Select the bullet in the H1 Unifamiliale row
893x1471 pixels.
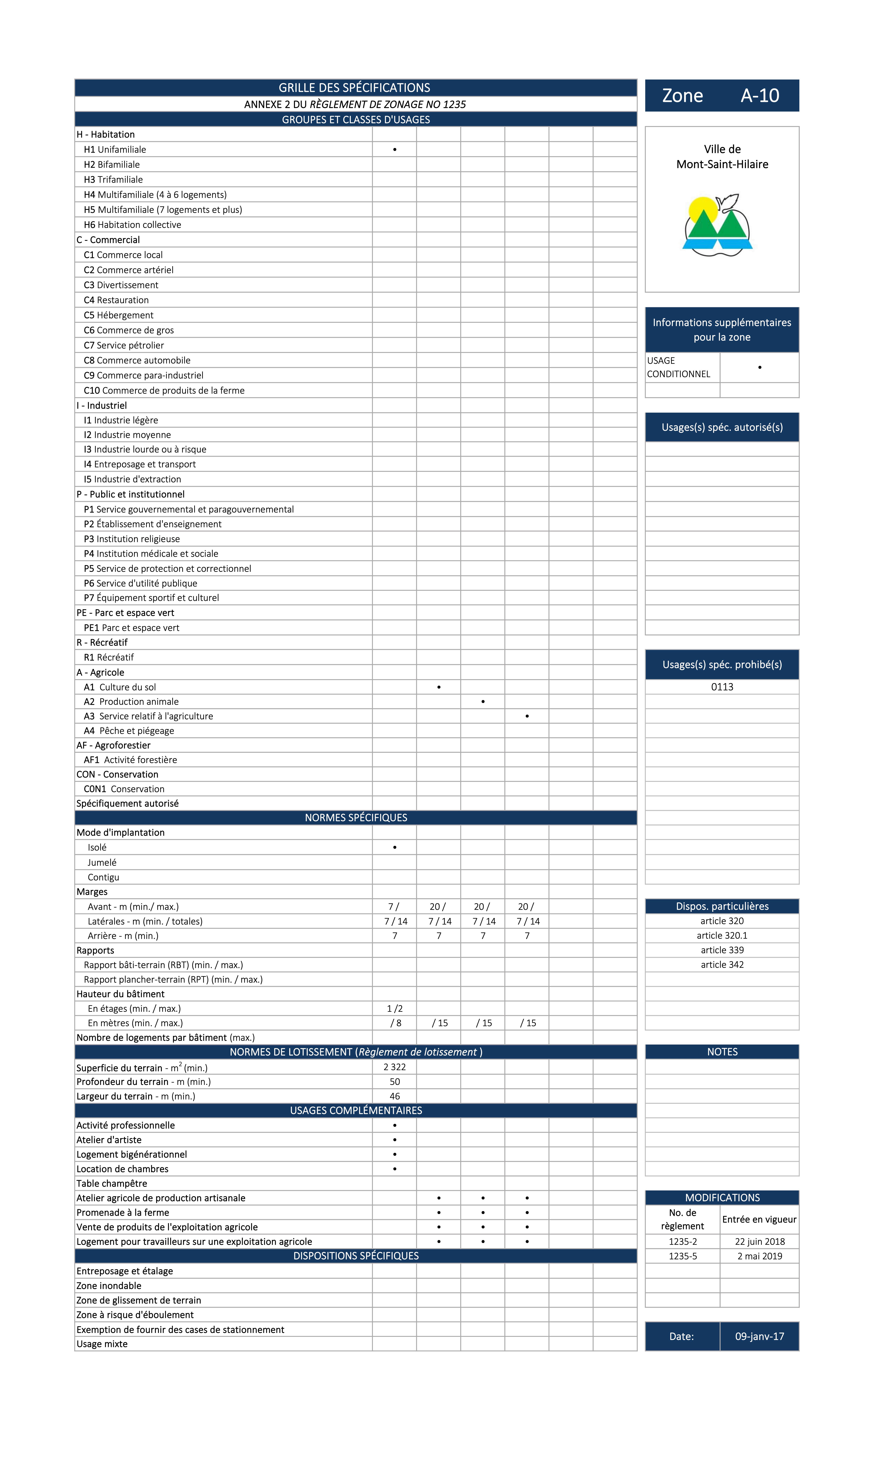[x=395, y=150]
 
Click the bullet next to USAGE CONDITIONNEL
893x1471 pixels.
[x=759, y=367]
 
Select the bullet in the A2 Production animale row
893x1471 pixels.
[x=483, y=702]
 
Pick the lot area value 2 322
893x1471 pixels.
[x=395, y=1067]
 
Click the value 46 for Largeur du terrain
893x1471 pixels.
[x=395, y=1096]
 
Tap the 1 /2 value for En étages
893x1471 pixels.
[x=395, y=1008]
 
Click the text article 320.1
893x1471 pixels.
[x=722, y=936]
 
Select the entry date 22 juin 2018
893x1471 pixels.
[x=759, y=1241]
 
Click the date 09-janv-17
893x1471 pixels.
[x=759, y=1336]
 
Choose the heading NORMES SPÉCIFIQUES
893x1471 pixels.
[x=356, y=818]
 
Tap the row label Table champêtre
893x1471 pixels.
[x=112, y=1183]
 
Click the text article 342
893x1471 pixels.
[x=722, y=965]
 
